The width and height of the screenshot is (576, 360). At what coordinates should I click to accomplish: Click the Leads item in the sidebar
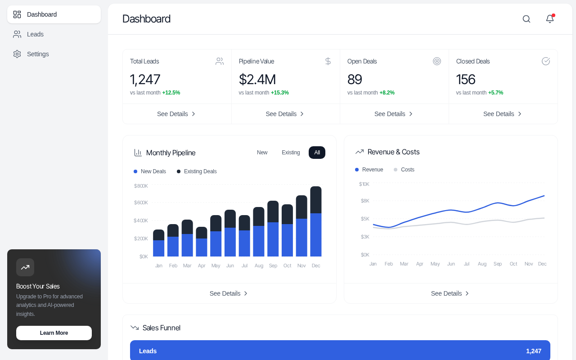(35, 34)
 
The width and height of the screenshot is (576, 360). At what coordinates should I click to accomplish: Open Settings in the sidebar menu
(38, 54)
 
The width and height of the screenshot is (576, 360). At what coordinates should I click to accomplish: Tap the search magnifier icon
(526, 19)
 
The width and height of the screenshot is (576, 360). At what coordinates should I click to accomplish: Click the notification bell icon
(550, 19)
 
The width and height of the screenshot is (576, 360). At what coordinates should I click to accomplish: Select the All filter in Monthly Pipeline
(317, 153)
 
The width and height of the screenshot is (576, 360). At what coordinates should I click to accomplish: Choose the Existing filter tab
(291, 153)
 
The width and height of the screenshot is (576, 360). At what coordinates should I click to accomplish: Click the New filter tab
(262, 153)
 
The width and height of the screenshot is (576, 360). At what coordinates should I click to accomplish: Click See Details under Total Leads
(177, 114)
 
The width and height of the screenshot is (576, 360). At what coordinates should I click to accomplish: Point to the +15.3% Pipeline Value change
(279, 93)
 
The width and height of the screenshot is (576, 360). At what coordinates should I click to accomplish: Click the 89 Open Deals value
(355, 80)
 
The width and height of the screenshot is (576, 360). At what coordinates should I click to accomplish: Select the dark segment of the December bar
(316, 200)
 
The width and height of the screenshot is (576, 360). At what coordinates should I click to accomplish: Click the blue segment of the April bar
(202, 247)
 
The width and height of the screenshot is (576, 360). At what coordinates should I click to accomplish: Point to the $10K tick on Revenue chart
(364, 184)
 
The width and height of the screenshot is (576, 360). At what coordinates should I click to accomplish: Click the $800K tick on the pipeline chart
(141, 186)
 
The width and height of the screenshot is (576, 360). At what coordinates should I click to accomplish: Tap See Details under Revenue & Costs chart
(450, 293)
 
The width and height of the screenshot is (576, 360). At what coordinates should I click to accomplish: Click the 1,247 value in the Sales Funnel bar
(533, 351)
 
